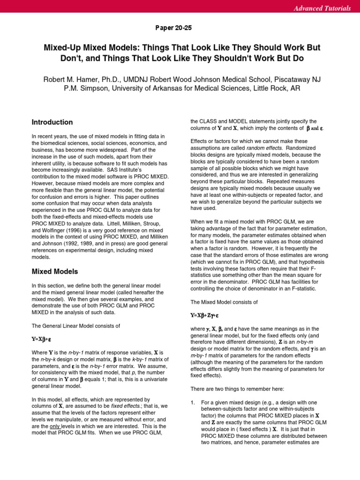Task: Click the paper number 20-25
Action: [173, 28]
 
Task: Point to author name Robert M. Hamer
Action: [72, 79]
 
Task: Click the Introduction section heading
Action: [52, 122]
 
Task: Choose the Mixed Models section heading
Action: [55, 271]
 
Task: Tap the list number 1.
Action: [193, 403]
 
